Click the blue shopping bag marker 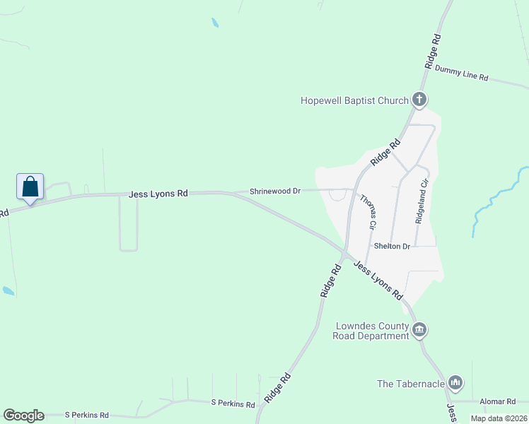[x=30, y=187]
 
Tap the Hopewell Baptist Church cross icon [x=419, y=100]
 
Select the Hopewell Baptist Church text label [x=354, y=101]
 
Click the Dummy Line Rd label [x=462, y=73]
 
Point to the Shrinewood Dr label [x=275, y=191]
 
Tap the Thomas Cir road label [x=366, y=211]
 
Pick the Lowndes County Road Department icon [x=419, y=330]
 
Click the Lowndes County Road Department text [x=371, y=331]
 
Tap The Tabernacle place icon [x=455, y=384]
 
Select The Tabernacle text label [x=411, y=384]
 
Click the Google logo [x=23, y=416]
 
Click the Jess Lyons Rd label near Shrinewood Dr [x=158, y=193]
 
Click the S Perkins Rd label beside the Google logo [x=86, y=415]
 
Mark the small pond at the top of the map [x=214, y=23]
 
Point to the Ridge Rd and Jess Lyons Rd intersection [x=343, y=253]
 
